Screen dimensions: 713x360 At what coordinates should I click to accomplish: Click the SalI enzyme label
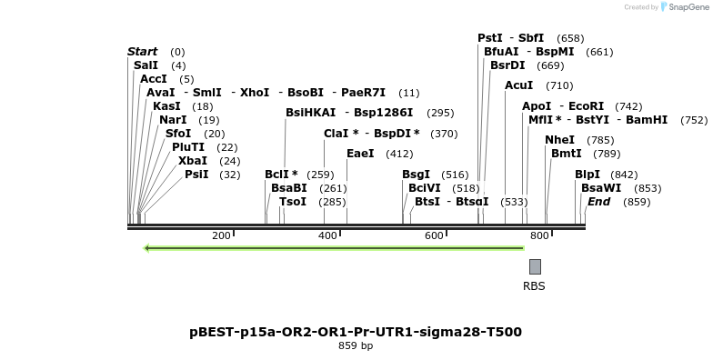146,65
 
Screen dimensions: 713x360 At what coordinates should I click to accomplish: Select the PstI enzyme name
489,38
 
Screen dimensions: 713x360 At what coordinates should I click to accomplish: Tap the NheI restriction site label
559,140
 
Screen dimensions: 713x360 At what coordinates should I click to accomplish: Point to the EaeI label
360,154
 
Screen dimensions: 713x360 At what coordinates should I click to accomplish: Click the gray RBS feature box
535,266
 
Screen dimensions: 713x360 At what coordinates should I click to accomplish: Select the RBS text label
534,285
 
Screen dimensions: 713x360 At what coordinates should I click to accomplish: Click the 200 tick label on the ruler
221,236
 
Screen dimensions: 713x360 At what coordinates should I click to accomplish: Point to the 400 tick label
327,236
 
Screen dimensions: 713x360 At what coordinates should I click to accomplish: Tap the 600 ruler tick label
433,236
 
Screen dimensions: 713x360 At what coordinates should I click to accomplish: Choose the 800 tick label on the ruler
539,236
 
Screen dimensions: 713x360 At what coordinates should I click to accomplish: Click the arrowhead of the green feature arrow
148,247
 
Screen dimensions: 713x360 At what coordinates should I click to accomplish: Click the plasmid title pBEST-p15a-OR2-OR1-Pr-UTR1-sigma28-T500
356,332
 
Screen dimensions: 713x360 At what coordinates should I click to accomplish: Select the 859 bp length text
356,346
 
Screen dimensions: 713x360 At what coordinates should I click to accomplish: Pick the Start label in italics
142,52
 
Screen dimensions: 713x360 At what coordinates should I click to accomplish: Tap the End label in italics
598,201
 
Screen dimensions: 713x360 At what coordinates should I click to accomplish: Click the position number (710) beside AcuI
559,85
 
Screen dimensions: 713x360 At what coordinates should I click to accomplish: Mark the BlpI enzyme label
587,175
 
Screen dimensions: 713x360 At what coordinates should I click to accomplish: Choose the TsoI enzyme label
293,202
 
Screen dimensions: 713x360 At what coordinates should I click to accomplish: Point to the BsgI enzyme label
416,175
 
